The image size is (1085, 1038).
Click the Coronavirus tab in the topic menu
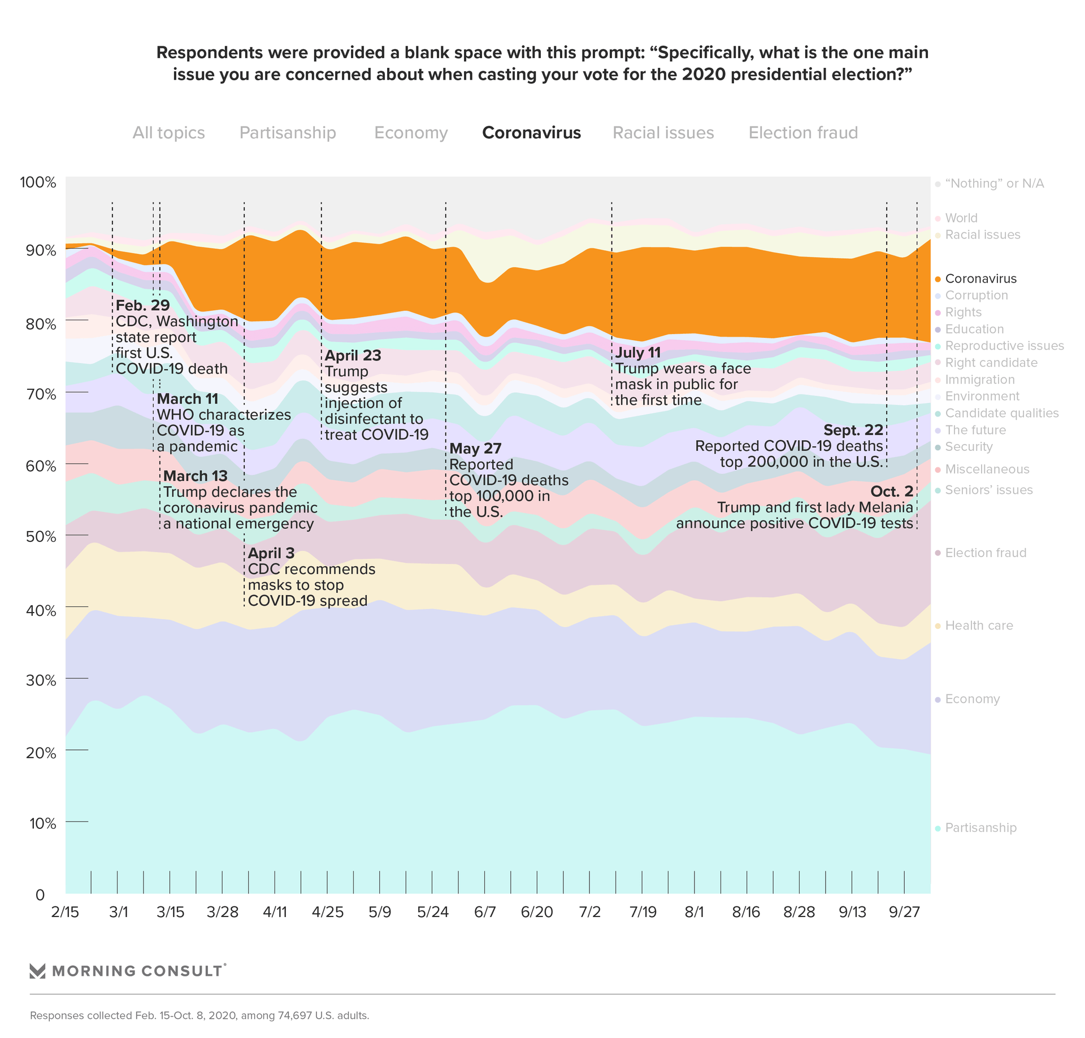coord(531,133)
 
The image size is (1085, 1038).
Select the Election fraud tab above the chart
coord(803,133)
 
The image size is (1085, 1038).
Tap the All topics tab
coord(168,133)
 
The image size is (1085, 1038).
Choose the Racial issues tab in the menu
coord(663,133)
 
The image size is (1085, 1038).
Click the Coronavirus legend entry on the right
coord(980,279)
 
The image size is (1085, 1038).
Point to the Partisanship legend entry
coord(980,828)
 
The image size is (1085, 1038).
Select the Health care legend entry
coord(979,626)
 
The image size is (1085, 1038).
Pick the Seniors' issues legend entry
coord(988,490)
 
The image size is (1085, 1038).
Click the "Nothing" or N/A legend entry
coord(994,184)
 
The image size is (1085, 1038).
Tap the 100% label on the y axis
coord(38,183)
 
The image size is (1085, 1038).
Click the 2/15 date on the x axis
coord(65,913)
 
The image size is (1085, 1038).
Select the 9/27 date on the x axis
coord(904,913)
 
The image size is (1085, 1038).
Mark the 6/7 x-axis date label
coord(485,913)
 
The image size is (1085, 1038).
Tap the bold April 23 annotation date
coord(353,356)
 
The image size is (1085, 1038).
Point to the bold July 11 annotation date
coord(637,353)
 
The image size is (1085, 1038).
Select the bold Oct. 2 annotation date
coord(891,492)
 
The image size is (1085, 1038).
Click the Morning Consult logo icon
coord(37,971)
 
